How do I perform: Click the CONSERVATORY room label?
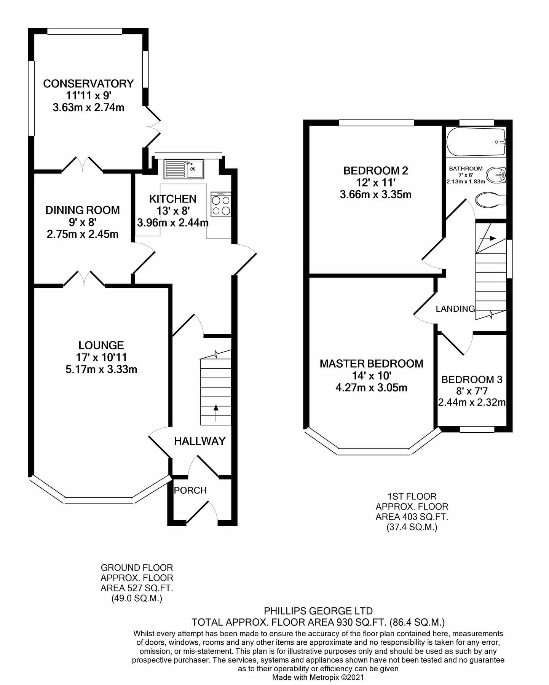pos(88,84)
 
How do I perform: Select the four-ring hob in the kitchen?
pos(221,204)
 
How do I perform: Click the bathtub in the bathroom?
pos(476,142)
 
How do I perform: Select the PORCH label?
pos(190,491)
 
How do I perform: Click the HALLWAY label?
pos(200,441)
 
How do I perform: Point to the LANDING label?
pos(455,309)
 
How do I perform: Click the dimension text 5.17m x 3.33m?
pos(101,369)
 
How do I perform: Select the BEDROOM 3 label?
pos(472,379)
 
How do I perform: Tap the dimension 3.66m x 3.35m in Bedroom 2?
pos(375,195)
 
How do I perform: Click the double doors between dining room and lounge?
pos(84,278)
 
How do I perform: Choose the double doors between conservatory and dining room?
pos(83,164)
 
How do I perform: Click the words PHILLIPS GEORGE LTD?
pos(318,611)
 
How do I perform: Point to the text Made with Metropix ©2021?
pos(318,677)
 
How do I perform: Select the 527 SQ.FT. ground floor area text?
pos(137,588)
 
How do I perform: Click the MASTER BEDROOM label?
pos(371,364)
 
